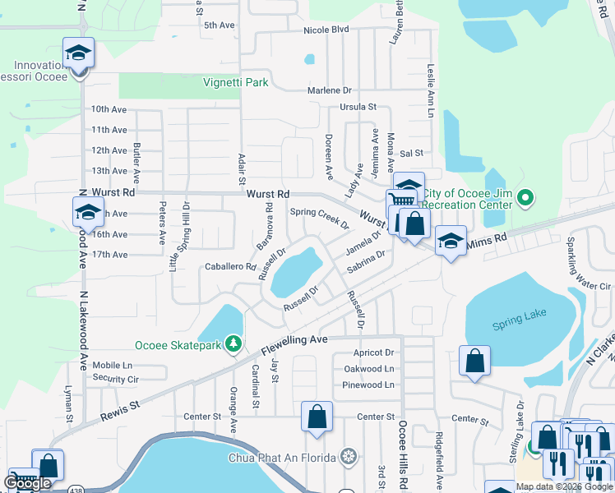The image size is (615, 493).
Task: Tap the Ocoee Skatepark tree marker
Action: tap(234, 343)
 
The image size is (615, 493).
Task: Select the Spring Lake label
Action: tap(513, 324)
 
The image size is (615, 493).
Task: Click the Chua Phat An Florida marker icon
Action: tap(349, 457)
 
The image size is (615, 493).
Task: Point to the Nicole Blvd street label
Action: tap(326, 30)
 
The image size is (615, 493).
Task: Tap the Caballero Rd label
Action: tap(230, 267)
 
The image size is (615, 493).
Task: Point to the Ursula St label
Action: tap(358, 107)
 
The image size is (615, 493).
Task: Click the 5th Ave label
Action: tap(220, 25)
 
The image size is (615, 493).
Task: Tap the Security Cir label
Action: tap(115, 379)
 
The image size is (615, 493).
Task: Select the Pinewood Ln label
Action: tap(368, 385)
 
